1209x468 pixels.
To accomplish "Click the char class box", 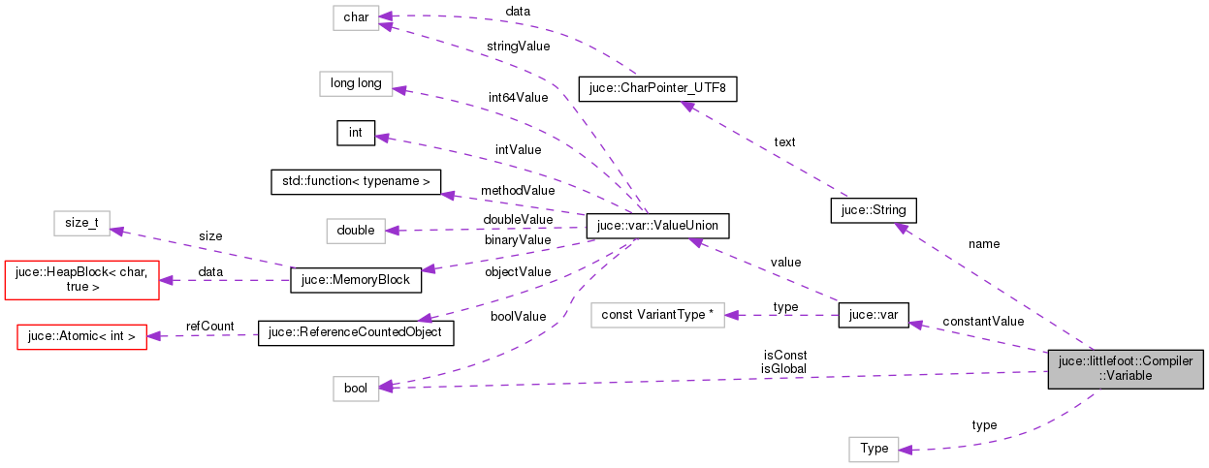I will pos(355,16).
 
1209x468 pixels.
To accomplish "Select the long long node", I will pos(356,83).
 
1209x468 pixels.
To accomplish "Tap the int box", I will pos(355,134).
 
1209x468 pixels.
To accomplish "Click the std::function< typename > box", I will pos(356,181).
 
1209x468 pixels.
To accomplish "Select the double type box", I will pos(356,230).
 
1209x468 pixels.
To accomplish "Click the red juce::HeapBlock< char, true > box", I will pos(82,280).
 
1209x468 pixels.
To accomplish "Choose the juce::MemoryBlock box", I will pos(355,280).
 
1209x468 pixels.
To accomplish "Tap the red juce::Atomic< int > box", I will pos(82,336).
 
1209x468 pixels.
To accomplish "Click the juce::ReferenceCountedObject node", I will pos(356,332).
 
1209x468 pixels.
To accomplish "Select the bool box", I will pos(356,388).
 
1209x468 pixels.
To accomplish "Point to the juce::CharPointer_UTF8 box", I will pos(658,89).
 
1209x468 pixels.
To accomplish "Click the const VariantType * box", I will pos(658,315).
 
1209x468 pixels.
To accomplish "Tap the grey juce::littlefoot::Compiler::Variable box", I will pos(1125,368).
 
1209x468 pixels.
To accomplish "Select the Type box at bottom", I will pos(874,449).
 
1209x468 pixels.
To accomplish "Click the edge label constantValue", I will pos(983,321).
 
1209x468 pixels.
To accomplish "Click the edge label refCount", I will pos(210,327).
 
